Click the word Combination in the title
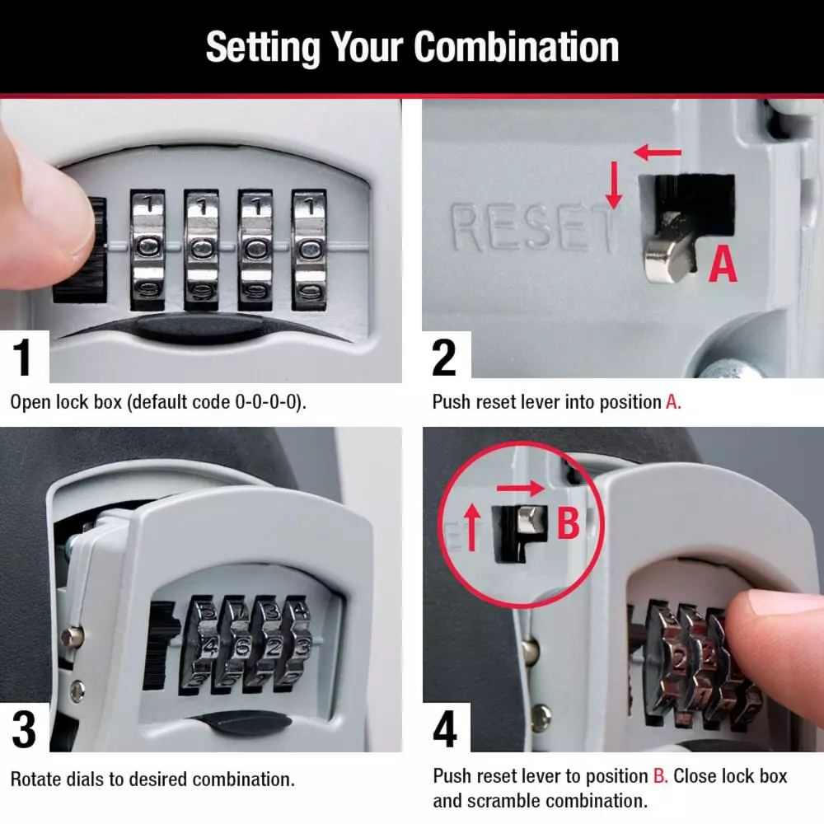click(x=516, y=48)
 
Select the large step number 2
click(x=445, y=358)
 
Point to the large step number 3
click(x=24, y=728)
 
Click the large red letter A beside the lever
click(x=723, y=265)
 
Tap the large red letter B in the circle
click(x=569, y=524)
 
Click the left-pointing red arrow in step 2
click(x=658, y=152)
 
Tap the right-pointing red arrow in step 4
click(x=521, y=489)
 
